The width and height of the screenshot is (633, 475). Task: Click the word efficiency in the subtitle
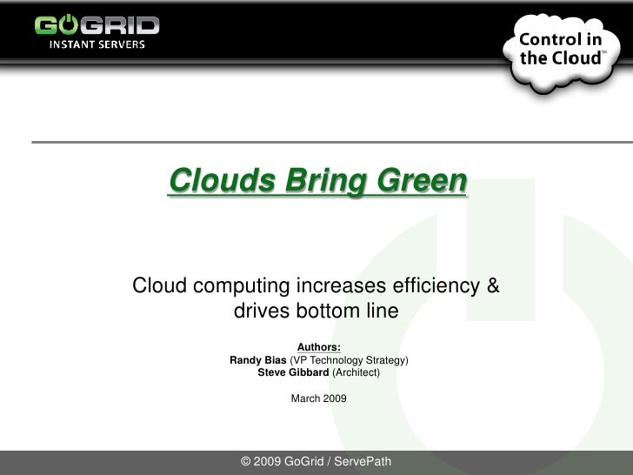(x=429, y=285)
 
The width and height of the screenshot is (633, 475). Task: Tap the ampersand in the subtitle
(x=492, y=285)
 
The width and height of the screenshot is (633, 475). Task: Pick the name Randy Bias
(x=257, y=360)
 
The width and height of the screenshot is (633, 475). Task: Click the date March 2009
(x=318, y=398)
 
